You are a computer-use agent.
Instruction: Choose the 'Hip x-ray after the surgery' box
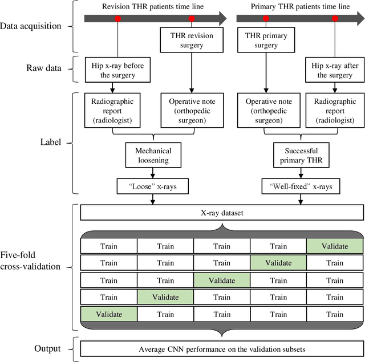pos(333,70)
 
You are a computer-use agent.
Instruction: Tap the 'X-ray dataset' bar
pos(221,213)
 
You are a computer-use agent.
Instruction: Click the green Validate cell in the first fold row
pos(334,246)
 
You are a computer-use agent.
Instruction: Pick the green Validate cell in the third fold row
pos(221,280)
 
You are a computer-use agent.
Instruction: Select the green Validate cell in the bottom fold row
pos(109,314)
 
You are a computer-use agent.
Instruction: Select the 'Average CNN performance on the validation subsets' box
pos(221,348)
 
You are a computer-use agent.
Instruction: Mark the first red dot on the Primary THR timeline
pos(265,19)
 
